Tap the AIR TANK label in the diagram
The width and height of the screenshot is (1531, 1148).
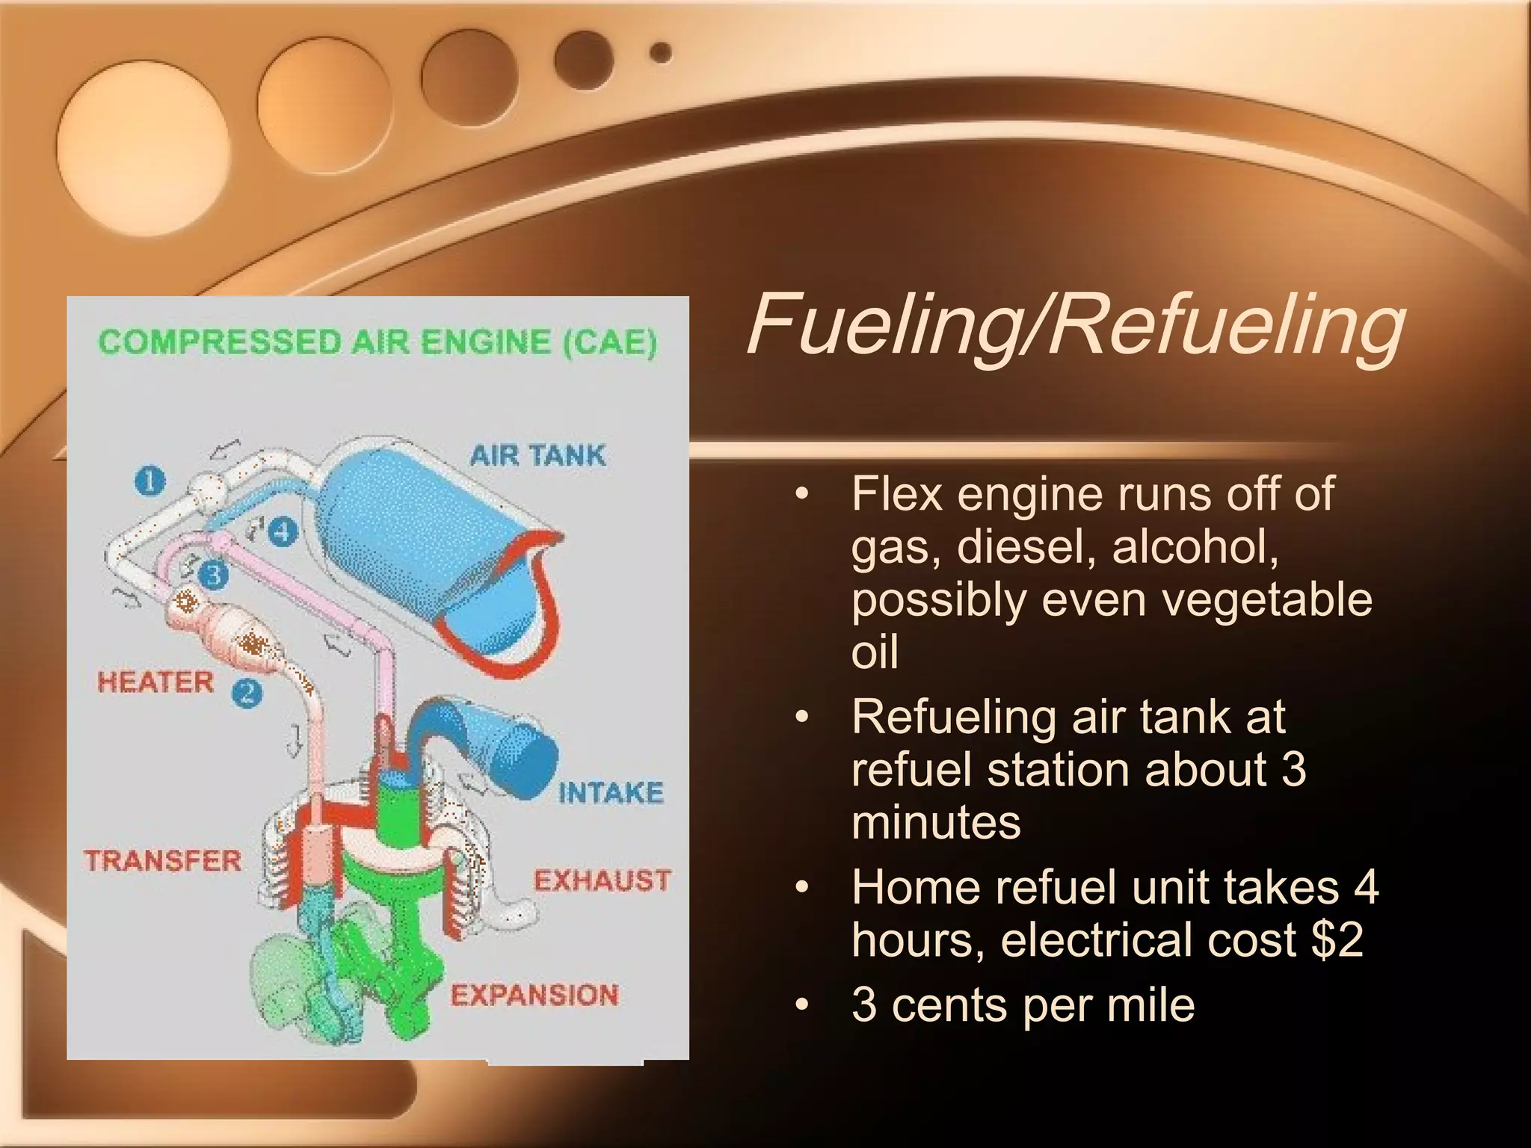[537, 455]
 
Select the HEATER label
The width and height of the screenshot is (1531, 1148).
[155, 682]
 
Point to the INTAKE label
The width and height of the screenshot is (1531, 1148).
[611, 793]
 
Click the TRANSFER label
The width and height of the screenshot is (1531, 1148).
[162, 861]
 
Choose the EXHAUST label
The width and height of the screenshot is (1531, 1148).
[602, 880]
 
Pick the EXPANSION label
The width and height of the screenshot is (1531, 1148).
[535, 996]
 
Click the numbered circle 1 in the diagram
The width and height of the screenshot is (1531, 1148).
[150, 481]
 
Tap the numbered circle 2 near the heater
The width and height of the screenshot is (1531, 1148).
[247, 693]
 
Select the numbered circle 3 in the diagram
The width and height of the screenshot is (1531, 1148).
[214, 575]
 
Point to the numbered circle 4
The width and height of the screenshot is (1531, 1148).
[283, 532]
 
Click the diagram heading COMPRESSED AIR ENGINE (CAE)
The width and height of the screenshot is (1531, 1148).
[378, 343]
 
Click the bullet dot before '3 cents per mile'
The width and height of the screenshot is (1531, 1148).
[803, 1005]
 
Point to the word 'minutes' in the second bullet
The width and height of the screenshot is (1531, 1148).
[936, 823]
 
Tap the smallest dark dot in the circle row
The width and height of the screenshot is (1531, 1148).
[661, 53]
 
